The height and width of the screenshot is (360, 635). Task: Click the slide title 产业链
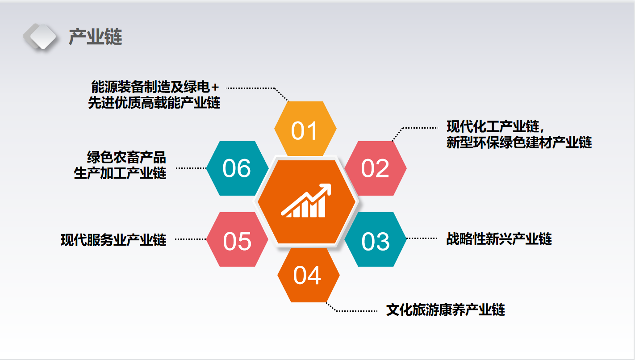click(x=96, y=37)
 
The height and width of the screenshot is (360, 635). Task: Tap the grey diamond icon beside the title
click(x=40, y=37)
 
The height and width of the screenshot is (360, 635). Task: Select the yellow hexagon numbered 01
click(x=305, y=129)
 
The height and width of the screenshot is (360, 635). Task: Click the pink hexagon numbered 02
click(x=376, y=168)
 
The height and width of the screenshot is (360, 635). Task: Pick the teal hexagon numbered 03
click(x=376, y=239)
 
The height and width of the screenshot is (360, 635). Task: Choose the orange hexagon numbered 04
click(x=309, y=275)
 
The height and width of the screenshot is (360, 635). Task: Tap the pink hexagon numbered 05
click(x=237, y=239)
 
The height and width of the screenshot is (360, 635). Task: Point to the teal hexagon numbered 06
click(x=237, y=168)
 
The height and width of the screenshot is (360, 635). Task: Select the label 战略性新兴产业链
click(x=499, y=239)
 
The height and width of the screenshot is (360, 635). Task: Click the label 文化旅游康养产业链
click(x=445, y=310)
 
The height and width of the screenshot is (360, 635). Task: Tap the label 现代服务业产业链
click(x=113, y=240)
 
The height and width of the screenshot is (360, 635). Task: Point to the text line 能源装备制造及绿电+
click(x=155, y=87)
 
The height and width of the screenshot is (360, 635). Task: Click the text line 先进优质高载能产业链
click(x=154, y=102)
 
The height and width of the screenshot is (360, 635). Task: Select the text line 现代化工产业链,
click(x=495, y=126)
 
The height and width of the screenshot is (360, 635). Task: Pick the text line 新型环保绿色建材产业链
click(x=519, y=142)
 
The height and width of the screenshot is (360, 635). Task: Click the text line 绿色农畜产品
click(x=126, y=157)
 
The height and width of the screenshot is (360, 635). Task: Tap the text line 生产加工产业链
click(x=120, y=173)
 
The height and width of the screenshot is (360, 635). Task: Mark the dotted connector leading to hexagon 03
click(x=422, y=239)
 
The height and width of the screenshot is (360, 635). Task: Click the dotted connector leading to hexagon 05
click(x=191, y=239)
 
